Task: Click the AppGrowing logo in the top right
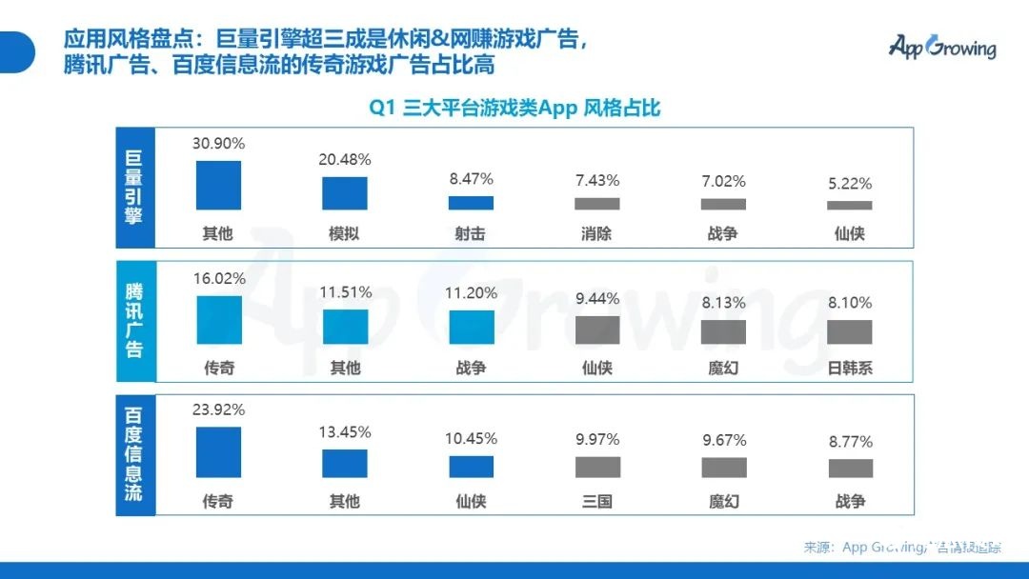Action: pyautogui.click(x=941, y=47)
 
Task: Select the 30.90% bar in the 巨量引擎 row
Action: pyautogui.click(x=218, y=185)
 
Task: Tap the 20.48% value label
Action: pyautogui.click(x=344, y=160)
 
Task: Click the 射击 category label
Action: pyautogui.click(x=471, y=233)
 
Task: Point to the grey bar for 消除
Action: pyautogui.click(x=597, y=204)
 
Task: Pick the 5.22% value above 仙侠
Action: pyautogui.click(x=849, y=184)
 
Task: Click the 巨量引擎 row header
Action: pyautogui.click(x=133, y=189)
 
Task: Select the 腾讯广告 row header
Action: pyautogui.click(x=133, y=319)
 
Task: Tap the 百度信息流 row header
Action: pyautogui.click(x=133, y=455)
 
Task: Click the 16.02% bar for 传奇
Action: pyautogui.click(x=219, y=320)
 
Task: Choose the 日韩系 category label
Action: pyautogui.click(x=849, y=368)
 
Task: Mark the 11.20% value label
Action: pyautogui.click(x=471, y=293)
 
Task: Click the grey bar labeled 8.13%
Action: pyautogui.click(x=723, y=331)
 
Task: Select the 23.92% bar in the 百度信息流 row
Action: pyautogui.click(x=218, y=451)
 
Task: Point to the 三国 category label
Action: pyautogui.click(x=597, y=501)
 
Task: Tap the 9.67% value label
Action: pyautogui.click(x=723, y=441)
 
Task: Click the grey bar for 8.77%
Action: pyautogui.click(x=850, y=468)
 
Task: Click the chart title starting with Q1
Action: pyautogui.click(x=514, y=109)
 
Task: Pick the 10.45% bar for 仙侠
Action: pyautogui.click(x=471, y=467)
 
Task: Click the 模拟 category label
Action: pyautogui.click(x=344, y=233)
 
